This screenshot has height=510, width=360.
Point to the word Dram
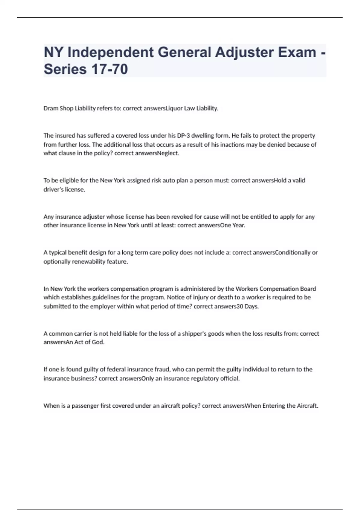pyautogui.click(x=51, y=108)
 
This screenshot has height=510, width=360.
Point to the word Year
pyautogui.click(x=238, y=225)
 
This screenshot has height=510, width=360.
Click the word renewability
pyautogui.click(x=89, y=261)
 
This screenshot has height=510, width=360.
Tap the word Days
pyautogui.click(x=251, y=306)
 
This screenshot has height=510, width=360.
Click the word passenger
pyautogui.click(x=85, y=406)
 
